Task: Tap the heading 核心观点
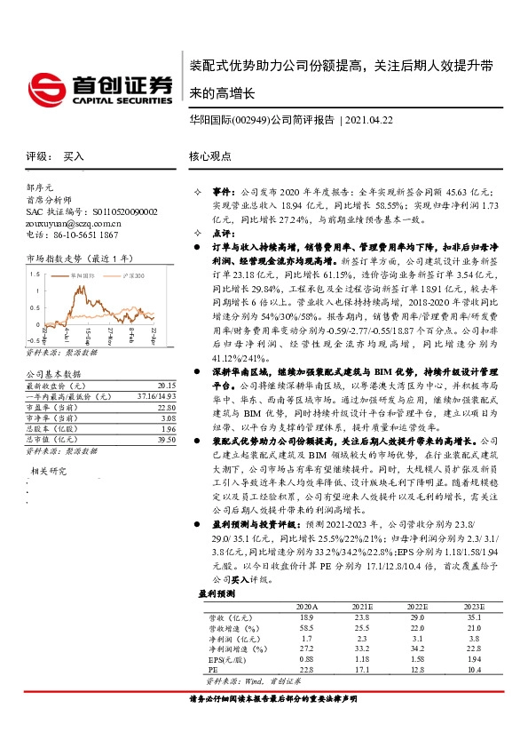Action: [x=210, y=156]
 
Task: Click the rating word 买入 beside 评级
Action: [x=74, y=156]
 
